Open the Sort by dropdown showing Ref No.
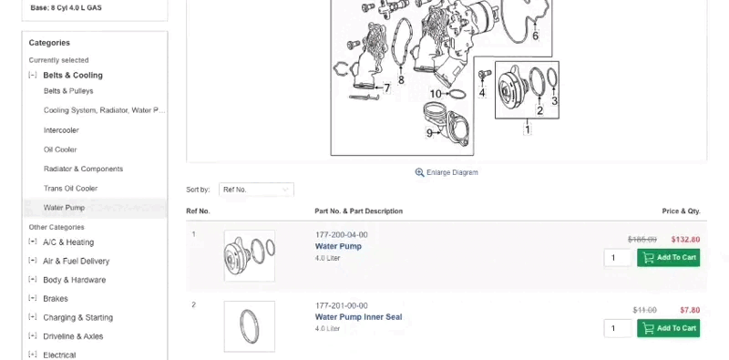pos(256,190)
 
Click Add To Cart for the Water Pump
pos(669,258)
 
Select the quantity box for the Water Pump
pos(617,258)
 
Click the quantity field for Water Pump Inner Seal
pos(617,328)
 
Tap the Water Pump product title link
pos(338,246)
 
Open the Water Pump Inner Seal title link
pos(358,317)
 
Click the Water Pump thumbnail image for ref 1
pos(249,255)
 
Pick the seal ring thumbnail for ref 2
pos(249,325)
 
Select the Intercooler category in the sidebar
pos(61,130)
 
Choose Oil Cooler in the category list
pos(60,149)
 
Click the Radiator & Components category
pos(83,169)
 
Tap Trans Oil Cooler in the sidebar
pos(70,189)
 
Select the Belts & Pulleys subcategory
pos(68,91)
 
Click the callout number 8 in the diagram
pos(401,80)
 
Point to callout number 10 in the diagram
pos(436,94)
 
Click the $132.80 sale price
pos(684,240)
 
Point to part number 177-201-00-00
pos(342,305)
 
